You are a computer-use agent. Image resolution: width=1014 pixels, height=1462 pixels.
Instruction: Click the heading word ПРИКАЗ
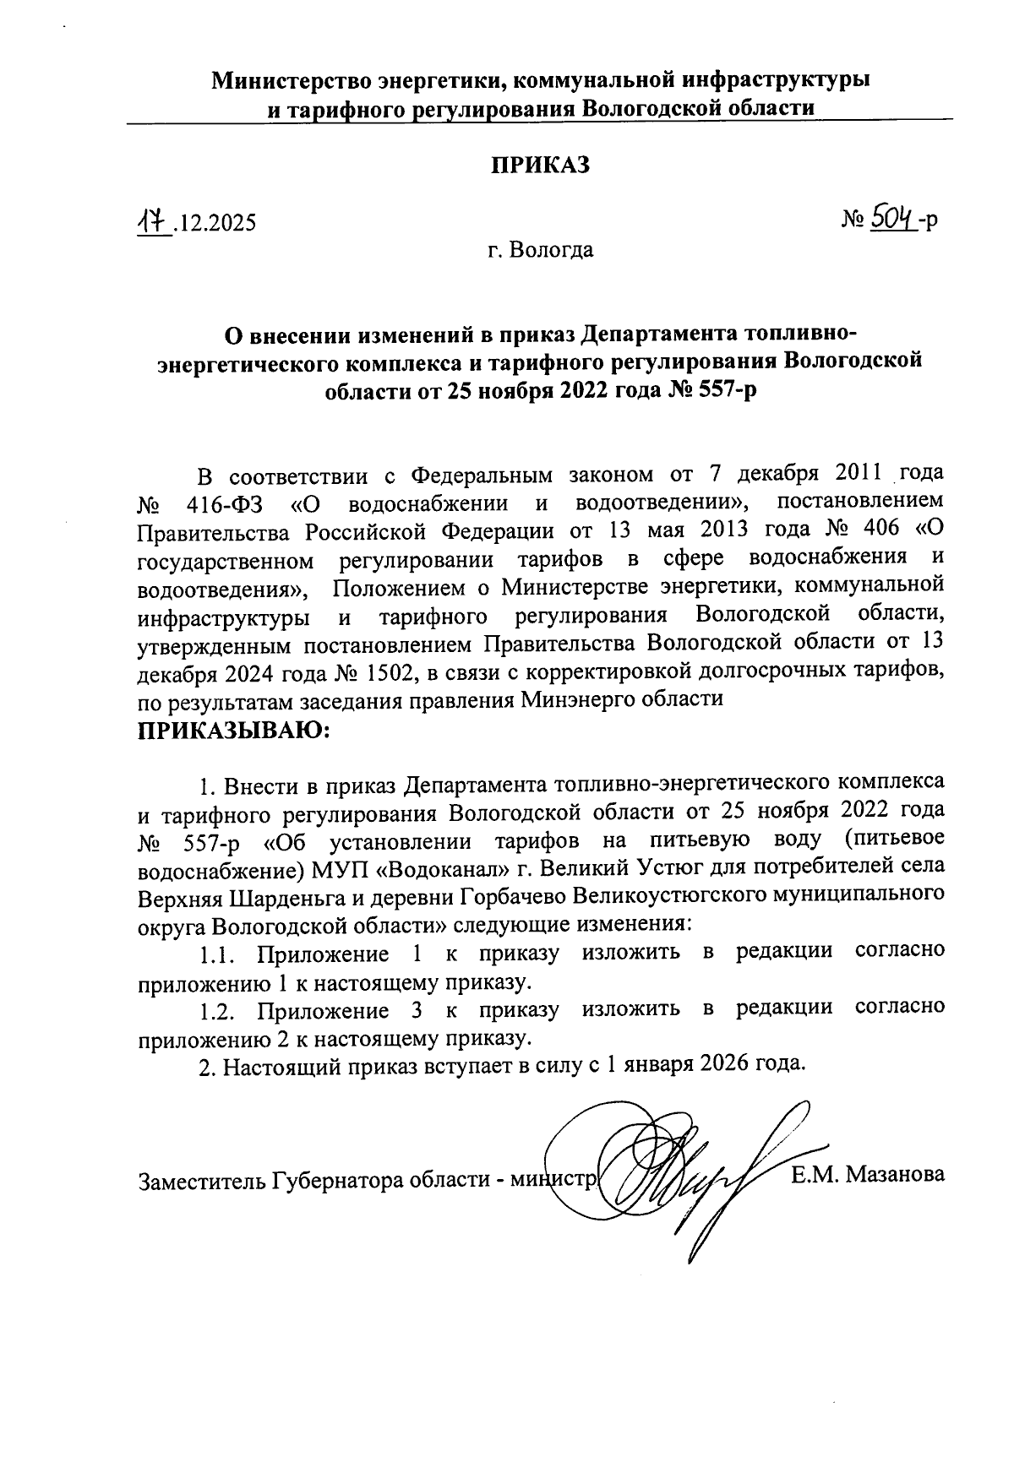point(541,165)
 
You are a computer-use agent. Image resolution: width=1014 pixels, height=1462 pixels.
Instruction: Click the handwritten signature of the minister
point(684,1174)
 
